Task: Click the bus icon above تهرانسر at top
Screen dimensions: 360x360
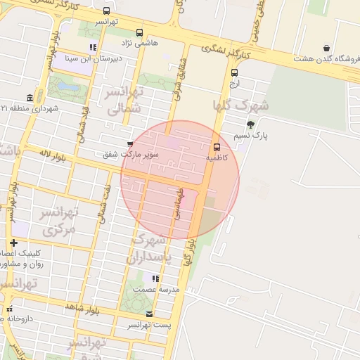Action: [x=106, y=11]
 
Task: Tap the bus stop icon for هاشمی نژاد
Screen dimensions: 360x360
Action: [x=139, y=32]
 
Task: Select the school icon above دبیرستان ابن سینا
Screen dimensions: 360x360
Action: [x=93, y=48]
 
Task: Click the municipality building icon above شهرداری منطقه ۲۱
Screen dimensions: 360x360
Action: [x=30, y=98]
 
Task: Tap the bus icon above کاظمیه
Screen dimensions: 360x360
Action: [x=216, y=148]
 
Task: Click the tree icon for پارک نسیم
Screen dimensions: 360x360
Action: [x=251, y=124]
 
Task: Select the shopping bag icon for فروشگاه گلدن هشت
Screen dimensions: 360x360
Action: [x=326, y=48]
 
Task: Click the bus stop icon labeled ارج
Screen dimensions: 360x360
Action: [x=234, y=72]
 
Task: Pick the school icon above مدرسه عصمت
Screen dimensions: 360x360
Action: [x=155, y=279]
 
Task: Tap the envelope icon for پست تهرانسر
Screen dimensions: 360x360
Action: [x=148, y=314]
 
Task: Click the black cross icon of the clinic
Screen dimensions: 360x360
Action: [x=13, y=243]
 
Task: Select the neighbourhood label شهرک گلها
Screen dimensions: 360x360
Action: [x=241, y=106]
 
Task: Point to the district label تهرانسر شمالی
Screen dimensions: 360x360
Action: [x=125, y=100]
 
